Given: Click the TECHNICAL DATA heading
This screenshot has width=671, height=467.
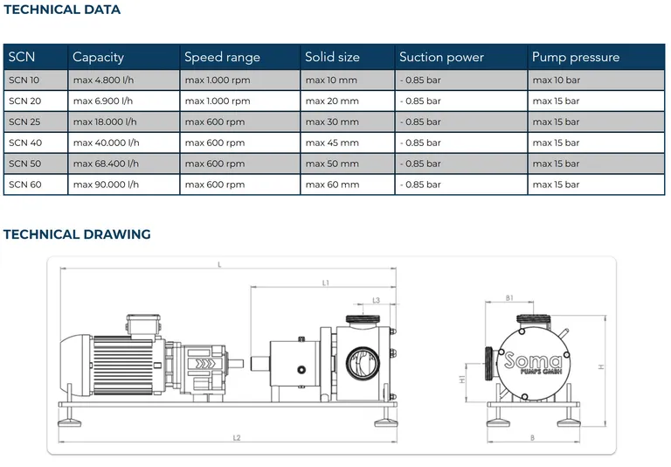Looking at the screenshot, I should pyautogui.click(x=62, y=10).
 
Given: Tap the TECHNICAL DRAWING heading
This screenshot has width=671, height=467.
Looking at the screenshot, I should pyautogui.click(x=77, y=234).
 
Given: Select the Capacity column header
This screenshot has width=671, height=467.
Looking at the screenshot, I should pyautogui.click(x=98, y=57).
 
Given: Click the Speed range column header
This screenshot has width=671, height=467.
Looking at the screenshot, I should pyautogui.click(x=222, y=57).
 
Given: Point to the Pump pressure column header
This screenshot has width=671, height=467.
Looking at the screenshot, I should pyautogui.click(x=576, y=57).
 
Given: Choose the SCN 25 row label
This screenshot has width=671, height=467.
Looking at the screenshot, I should pyautogui.click(x=24, y=122).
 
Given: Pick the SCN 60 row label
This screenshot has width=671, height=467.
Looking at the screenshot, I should pyautogui.click(x=24, y=185).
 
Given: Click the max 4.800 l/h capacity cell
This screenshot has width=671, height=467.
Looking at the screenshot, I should pyautogui.click(x=105, y=80).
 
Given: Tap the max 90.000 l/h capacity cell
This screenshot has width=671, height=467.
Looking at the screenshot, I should pyautogui.click(x=106, y=185).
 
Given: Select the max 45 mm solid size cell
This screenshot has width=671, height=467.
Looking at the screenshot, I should pyautogui.click(x=332, y=143).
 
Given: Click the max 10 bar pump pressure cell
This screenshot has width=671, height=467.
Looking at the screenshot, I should pyautogui.click(x=556, y=80).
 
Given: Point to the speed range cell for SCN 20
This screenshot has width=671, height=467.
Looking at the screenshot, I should pyautogui.click(x=218, y=101).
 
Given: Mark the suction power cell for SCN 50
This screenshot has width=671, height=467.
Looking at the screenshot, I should pyautogui.click(x=420, y=164).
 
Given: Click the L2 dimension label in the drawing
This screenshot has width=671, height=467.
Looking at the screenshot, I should pyautogui.click(x=237, y=436).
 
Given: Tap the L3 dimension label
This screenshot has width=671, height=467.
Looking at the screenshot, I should pyautogui.click(x=376, y=300).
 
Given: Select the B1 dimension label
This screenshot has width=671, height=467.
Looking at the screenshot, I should pyautogui.click(x=508, y=298).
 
